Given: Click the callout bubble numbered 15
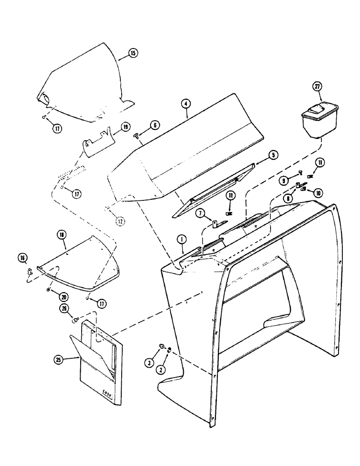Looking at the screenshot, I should tap(133, 54).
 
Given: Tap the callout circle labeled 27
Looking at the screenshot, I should tap(317, 87).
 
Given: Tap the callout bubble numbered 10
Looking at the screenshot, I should tap(318, 192).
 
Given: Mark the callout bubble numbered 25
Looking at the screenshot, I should tap(59, 360).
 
